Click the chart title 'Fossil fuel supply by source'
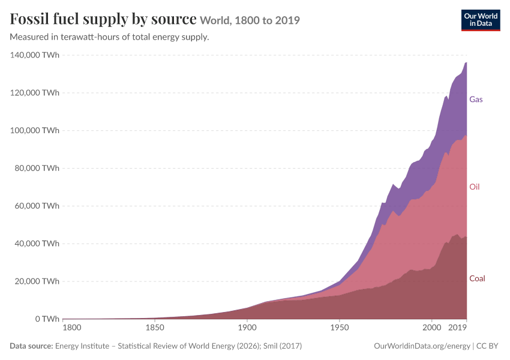pyautogui.click(x=103, y=19)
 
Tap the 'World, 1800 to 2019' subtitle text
pyautogui.click(x=250, y=20)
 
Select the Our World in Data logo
pyautogui.click(x=481, y=20)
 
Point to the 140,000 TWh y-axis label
pyautogui.click(x=35, y=55)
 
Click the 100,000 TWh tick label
pyautogui.click(x=35, y=130)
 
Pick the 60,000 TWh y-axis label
pyautogui.click(x=37, y=206)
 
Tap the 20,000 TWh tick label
pyautogui.click(x=37, y=281)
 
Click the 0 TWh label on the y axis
pyautogui.click(x=47, y=319)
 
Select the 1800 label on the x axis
pyautogui.click(x=72, y=328)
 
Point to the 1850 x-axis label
pyautogui.click(x=155, y=328)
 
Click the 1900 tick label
pyautogui.click(x=247, y=328)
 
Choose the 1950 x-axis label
pyautogui.click(x=340, y=328)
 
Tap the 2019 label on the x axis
pyautogui.click(x=457, y=328)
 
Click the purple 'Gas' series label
pyautogui.click(x=476, y=100)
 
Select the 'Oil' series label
pyautogui.click(x=475, y=187)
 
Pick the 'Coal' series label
pyautogui.click(x=477, y=278)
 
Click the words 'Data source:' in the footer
pyautogui.click(x=31, y=346)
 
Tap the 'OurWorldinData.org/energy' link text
pyautogui.click(x=422, y=346)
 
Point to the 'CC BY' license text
pyautogui.click(x=487, y=346)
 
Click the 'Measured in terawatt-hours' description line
pyautogui.click(x=109, y=37)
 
